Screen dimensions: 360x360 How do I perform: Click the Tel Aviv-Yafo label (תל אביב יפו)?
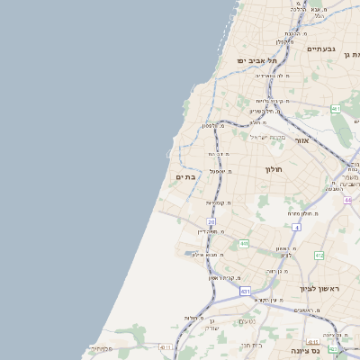tap(255, 60)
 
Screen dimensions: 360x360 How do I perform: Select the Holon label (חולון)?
tap(274, 169)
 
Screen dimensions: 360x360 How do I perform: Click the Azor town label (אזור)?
tap(301, 141)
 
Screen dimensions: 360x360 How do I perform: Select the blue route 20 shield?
tap(211, 221)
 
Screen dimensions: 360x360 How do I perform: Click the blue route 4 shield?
tap(296, 229)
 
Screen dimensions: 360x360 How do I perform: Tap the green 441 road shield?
tap(244, 243)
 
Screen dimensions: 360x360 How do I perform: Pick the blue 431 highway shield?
tap(244, 292)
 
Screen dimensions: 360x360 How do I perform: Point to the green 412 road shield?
tap(319, 256)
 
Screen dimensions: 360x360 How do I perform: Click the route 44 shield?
tap(346, 200)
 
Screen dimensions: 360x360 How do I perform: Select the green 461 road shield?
tap(336, 109)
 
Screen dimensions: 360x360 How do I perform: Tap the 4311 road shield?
tap(165, 347)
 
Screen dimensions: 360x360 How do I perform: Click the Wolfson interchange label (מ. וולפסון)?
tap(212, 125)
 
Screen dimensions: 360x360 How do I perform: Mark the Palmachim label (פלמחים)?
tap(102, 348)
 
